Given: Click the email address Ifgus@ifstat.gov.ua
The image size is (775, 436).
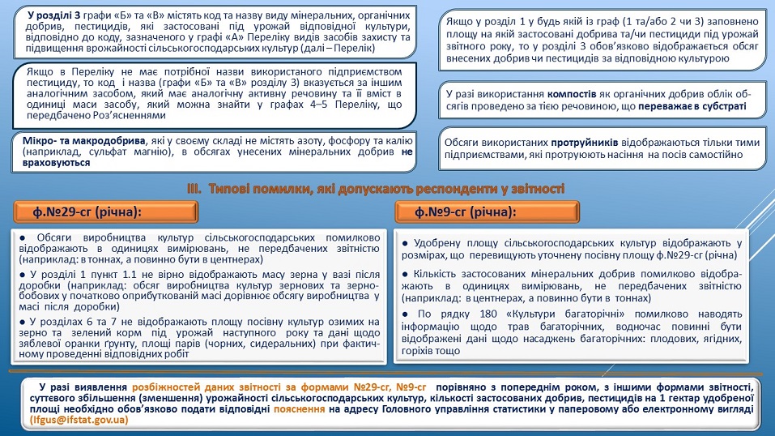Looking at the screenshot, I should pyautogui.click(x=79, y=420).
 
